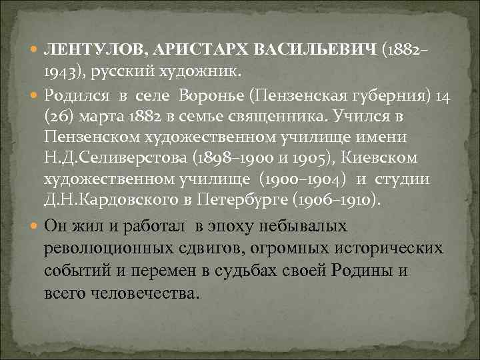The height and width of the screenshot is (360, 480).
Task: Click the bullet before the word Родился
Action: click(35, 95)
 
